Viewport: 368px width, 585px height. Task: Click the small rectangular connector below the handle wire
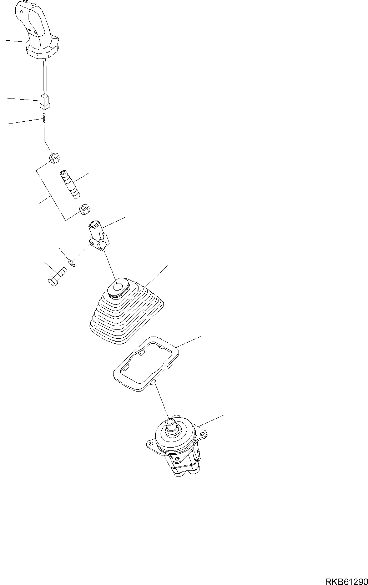tap(44, 101)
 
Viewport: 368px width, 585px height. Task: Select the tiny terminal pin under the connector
tap(44, 120)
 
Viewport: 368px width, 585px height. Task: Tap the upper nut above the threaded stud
tap(55, 158)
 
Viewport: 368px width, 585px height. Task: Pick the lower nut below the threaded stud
tap(85, 209)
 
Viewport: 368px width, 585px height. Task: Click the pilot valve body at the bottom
tap(177, 450)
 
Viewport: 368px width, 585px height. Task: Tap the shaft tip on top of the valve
tap(171, 423)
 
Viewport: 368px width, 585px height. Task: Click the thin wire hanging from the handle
tap(45, 75)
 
